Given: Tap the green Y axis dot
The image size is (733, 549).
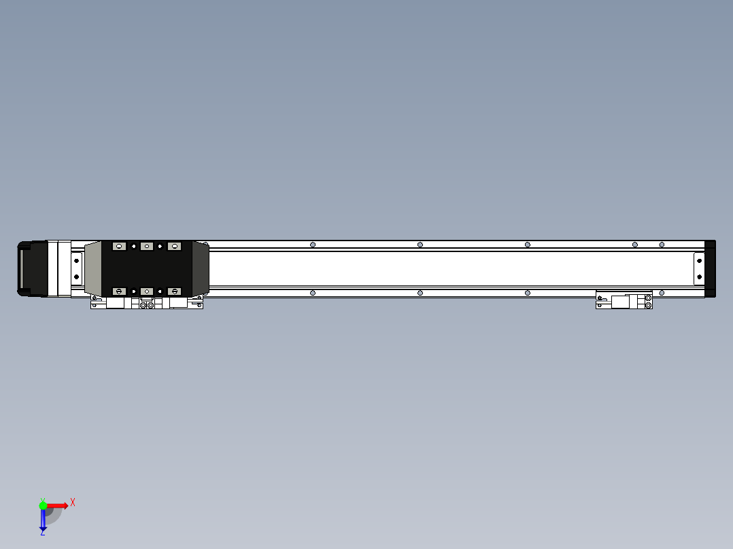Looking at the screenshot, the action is coord(43,505).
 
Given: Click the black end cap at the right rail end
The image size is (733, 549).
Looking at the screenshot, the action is coord(710,268).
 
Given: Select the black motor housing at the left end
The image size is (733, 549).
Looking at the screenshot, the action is coord(33,268).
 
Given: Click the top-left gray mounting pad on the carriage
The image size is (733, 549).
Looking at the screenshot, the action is coord(119,246).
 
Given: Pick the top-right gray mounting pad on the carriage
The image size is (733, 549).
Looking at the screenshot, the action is coord(174,246).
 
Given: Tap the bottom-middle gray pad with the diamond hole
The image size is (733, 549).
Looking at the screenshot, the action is coord(147,291).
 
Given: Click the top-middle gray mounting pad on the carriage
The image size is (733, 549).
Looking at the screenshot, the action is coord(147,246).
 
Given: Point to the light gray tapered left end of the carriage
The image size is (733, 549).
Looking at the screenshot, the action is coord(93,268).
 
